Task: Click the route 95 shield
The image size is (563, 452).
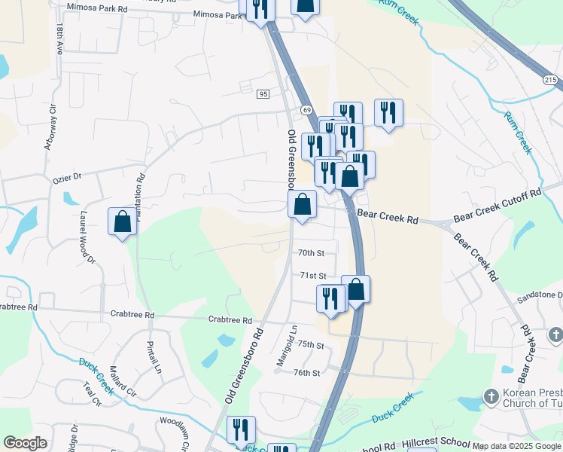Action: (263, 93)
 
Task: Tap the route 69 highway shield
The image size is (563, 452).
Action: (307, 110)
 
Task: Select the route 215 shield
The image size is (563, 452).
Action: (551, 79)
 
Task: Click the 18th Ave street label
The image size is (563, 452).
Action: (59, 37)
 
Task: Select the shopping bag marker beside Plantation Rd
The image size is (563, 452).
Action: (122, 222)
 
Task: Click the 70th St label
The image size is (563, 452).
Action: (310, 253)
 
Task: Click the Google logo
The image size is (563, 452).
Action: (25, 443)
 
